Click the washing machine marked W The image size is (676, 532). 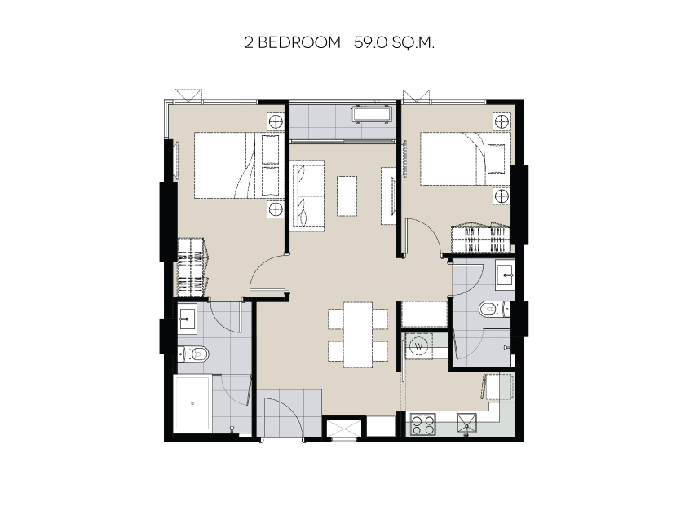pyautogui.click(x=418, y=345)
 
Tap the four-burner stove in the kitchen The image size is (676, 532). pyautogui.click(x=422, y=424)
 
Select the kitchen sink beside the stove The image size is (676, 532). pyautogui.click(x=467, y=424)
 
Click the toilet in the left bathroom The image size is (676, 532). pyautogui.click(x=193, y=354)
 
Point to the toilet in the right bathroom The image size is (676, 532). pyautogui.click(x=494, y=309)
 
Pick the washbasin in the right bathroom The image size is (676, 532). pyautogui.click(x=505, y=273)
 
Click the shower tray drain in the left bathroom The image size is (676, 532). pyautogui.click(x=192, y=403)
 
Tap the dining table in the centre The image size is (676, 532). pyautogui.click(x=358, y=335)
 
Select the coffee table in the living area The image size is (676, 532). pyautogui.click(x=347, y=196)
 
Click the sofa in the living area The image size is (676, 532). pyautogui.click(x=307, y=196)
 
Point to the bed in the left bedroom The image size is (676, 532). pyautogui.click(x=237, y=165)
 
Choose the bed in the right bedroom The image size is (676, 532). pyautogui.click(x=465, y=159)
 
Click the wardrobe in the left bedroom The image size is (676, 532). pyautogui.click(x=192, y=267)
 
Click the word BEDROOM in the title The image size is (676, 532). pyautogui.click(x=299, y=43)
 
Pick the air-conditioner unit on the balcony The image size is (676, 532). pyautogui.click(x=372, y=115)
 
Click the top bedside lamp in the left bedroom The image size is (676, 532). pyautogui.click(x=275, y=122)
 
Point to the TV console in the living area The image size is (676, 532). pyautogui.click(x=388, y=196)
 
